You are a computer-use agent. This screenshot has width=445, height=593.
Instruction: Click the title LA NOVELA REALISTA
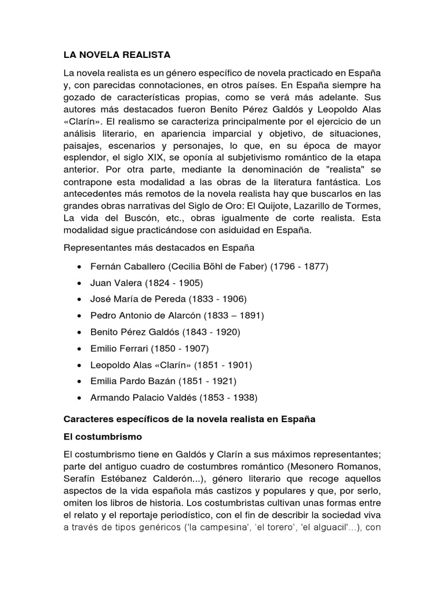116,55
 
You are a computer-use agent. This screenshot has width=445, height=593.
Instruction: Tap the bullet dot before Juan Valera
78,283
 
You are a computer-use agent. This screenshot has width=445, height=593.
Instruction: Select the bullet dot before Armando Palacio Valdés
78,398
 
